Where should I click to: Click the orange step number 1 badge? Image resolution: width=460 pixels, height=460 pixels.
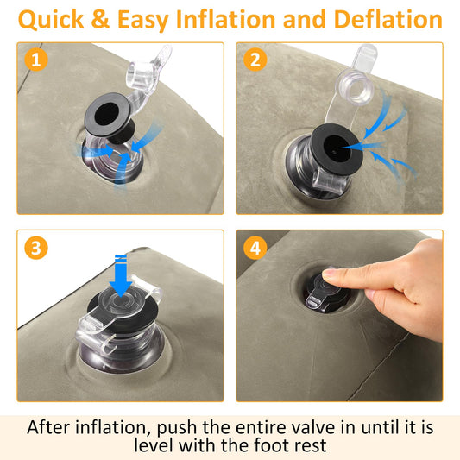pos(36,60)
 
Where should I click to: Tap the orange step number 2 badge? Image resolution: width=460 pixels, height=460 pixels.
pos(255,60)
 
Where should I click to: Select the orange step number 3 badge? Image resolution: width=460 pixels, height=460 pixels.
pos(36,248)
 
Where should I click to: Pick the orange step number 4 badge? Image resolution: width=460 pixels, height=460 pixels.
pos(255,248)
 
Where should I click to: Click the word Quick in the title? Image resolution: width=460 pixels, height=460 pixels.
pos(51,20)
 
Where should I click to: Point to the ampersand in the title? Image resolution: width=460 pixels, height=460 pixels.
pos(100,19)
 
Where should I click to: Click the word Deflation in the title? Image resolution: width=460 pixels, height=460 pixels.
pos(388,19)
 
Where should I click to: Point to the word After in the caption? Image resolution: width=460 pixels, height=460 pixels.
pos(49,427)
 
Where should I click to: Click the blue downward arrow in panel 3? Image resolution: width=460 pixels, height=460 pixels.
pos(121,275)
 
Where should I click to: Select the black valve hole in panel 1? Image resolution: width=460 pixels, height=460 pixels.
pos(107,114)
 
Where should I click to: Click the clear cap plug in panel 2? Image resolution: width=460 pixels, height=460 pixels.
pos(355,87)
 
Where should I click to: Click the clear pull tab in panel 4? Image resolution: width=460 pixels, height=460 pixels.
pos(313,300)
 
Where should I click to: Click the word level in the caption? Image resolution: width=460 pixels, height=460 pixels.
pos(153,445)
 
